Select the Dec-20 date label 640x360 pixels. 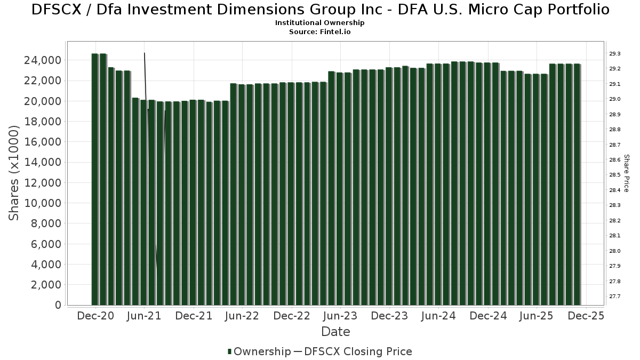pyautogui.click(x=95, y=316)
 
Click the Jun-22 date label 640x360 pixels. pyautogui.click(x=242, y=316)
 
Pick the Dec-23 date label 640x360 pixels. pyautogui.click(x=389, y=316)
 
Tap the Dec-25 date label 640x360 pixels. pyautogui.click(x=586, y=316)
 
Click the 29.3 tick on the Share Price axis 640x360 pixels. pyautogui.click(x=615, y=54)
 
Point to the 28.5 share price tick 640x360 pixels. pyautogui.click(x=615, y=175)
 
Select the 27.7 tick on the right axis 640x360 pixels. pyautogui.click(x=615, y=297)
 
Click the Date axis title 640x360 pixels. pyautogui.click(x=335, y=332)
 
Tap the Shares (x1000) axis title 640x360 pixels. pyautogui.click(x=14, y=173)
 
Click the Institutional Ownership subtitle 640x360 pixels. pyautogui.click(x=320, y=23)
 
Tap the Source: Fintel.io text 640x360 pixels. pyautogui.click(x=320, y=32)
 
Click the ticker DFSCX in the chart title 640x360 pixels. pyautogui.click(x=57, y=10)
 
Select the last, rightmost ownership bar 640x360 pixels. pyautogui.click(x=578, y=184)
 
